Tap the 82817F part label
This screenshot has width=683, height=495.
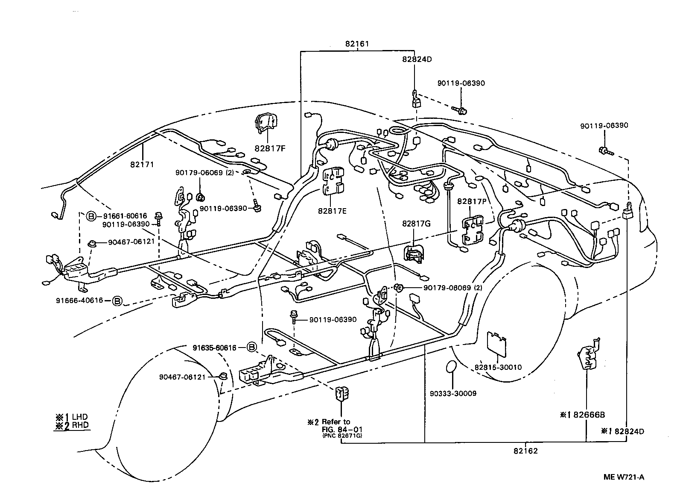point(270,148)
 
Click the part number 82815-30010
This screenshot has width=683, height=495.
point(498,367)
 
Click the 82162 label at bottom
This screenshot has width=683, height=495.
point(525,451)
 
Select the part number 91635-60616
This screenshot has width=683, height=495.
point(214,348)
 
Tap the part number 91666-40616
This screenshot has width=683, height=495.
point(79,301)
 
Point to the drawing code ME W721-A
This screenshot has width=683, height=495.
point(624,477)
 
